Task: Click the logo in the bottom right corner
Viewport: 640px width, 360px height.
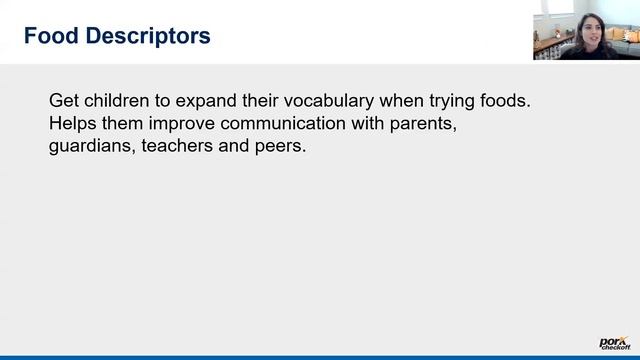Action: point(613,342)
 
